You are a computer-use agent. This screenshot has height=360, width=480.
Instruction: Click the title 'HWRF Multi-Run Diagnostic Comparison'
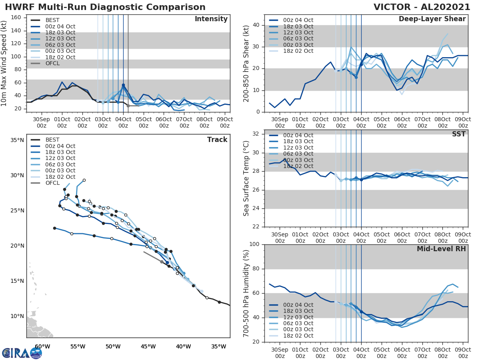tap(105, 7)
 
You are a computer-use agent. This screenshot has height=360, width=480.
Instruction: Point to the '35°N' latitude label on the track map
tap(17, 140)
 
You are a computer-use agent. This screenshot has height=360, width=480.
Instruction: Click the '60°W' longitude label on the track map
tap(42, 346)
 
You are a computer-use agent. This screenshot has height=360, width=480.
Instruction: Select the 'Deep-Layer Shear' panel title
tap(432, 19)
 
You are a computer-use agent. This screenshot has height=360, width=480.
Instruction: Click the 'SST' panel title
tap(459, 134)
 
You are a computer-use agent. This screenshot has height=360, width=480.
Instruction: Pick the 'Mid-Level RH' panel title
tap(441, 249)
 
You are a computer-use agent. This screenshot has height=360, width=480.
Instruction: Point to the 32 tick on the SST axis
tap(257, 134)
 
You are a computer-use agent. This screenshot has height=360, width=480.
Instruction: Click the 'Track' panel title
tap(217, 140)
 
